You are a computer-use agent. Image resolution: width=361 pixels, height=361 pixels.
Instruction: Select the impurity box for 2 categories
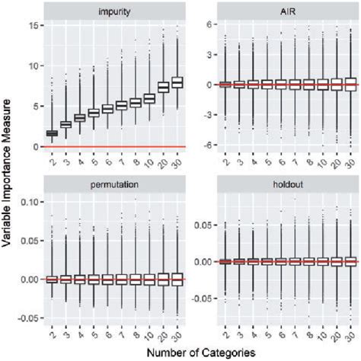point(53,133)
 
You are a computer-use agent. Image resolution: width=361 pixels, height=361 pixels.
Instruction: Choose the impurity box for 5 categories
point(94,113)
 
